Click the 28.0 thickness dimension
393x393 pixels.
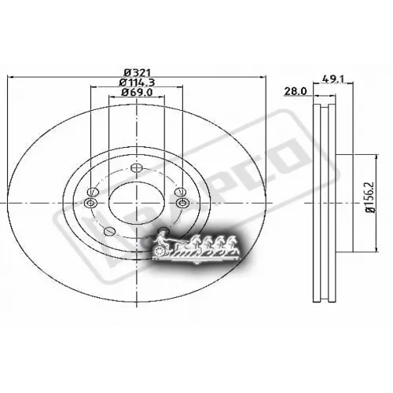click(295, 92)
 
